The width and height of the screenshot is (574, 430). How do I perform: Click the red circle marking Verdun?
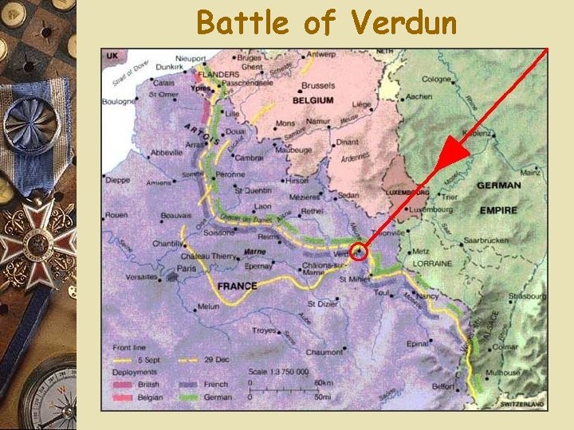359,252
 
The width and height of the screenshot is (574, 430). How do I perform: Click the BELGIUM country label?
313,101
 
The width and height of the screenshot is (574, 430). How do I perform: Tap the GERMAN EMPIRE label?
498,197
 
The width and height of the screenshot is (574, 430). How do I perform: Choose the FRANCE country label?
237,286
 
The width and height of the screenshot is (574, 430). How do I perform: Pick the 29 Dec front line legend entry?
207,359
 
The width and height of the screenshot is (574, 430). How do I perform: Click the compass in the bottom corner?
52,394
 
